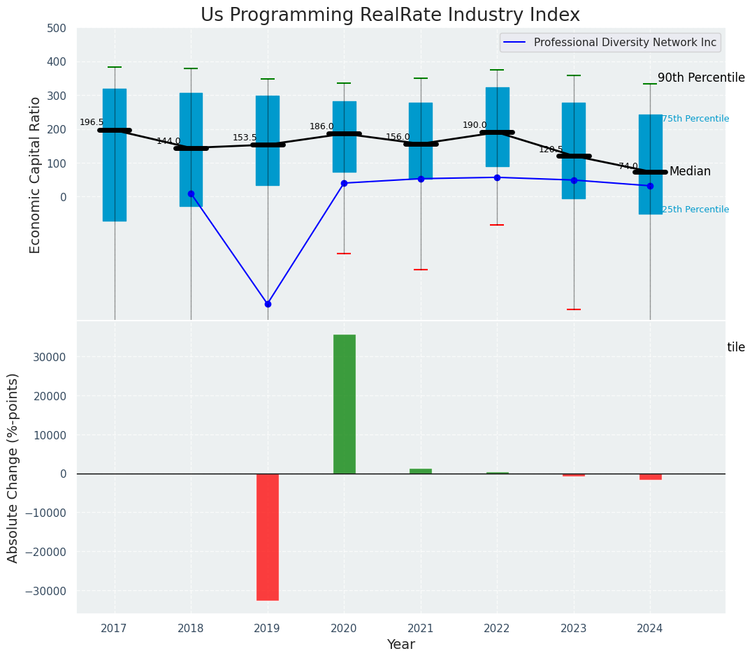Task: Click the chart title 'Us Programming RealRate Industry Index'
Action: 390,15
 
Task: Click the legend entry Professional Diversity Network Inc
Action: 624,43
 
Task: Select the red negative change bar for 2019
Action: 268,536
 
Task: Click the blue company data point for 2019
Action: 268,304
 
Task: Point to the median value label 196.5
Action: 92,122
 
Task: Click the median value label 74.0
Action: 628,166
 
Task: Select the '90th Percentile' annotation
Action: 701,78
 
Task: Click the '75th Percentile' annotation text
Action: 695,119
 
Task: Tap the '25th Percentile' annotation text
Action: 695,210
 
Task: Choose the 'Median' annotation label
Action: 690,172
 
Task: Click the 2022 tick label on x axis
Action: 497,629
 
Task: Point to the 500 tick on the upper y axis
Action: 57,29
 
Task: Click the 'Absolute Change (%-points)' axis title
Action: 13,467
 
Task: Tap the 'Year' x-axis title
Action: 401,645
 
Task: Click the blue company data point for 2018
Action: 191,193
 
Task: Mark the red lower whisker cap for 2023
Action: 574,309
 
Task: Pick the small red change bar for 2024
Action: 651,476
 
